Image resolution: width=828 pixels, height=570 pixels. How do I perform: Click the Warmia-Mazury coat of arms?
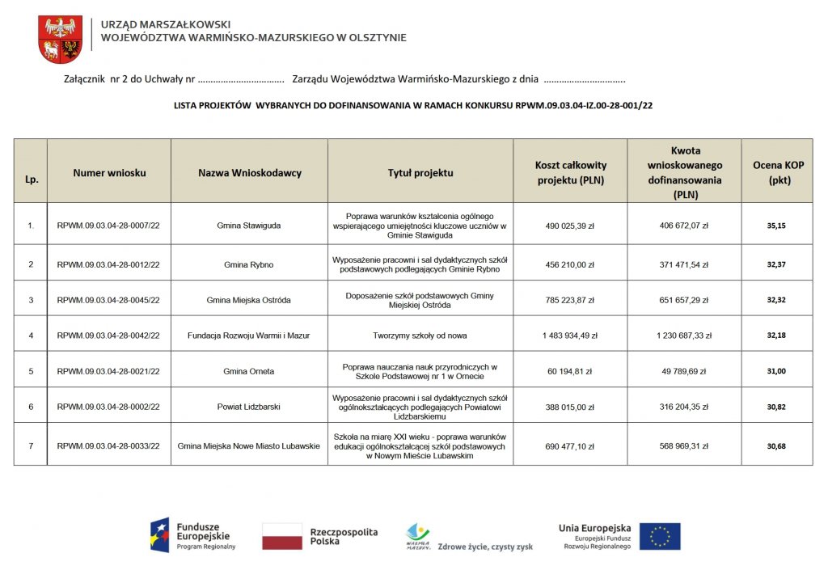click(60, 40)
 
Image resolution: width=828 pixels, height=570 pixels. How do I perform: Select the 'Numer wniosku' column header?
click(109, 173)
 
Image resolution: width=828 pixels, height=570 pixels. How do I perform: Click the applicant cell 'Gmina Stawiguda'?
click(249, 226)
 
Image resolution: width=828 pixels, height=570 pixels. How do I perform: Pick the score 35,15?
click(776, 226)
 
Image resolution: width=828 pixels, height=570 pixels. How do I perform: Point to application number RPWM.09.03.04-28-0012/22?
click(108, 264)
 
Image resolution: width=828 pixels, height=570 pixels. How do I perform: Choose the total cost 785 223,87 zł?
click(570, 300)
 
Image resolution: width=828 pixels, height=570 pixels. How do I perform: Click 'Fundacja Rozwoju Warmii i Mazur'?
click(249, 336)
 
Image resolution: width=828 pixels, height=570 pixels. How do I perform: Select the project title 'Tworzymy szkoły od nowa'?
click(420, 336)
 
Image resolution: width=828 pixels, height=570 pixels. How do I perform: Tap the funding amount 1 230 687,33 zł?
click(684, 336)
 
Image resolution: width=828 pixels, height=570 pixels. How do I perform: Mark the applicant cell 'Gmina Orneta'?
click(249, 371)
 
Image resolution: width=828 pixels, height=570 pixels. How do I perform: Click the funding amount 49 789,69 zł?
click(684, 371)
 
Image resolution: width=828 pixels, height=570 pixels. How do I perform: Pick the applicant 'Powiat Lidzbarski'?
click(249, 407)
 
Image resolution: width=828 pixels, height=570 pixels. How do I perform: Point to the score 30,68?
click(776, 445)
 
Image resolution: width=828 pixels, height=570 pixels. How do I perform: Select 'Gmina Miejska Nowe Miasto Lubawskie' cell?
click(249, 445)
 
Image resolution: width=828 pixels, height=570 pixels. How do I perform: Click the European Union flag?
click(660, 536)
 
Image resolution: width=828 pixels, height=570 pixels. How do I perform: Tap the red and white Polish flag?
click(282, 536)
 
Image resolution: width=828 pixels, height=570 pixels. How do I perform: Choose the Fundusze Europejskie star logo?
click(159, 535)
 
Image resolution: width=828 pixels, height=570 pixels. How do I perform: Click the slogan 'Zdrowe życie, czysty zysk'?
click(485, 547)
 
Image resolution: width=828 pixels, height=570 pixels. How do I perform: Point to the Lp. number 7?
click(31, 445)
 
